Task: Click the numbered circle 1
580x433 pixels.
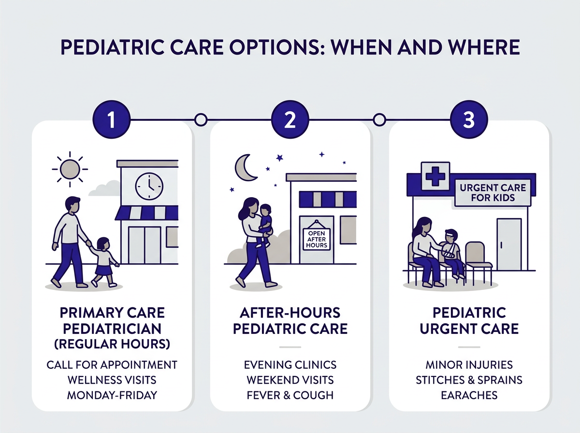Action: click(112, 120)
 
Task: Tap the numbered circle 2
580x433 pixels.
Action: click(290, 120)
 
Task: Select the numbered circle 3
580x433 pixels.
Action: click(468, 120)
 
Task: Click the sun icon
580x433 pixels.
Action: click(68, 169)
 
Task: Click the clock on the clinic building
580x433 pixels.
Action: click(149, 186)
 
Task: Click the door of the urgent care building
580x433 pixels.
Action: click(509, 244)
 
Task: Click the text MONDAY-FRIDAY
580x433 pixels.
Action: click(112, 395)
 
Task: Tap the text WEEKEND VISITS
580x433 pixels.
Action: click(290, 379)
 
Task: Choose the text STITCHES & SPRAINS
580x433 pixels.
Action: click(469, 379)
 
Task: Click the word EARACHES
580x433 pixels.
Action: click(469, 395)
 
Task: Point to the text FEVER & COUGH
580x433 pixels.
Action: click(290, 395)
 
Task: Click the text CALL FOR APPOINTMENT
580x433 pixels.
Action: click(112, 364)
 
